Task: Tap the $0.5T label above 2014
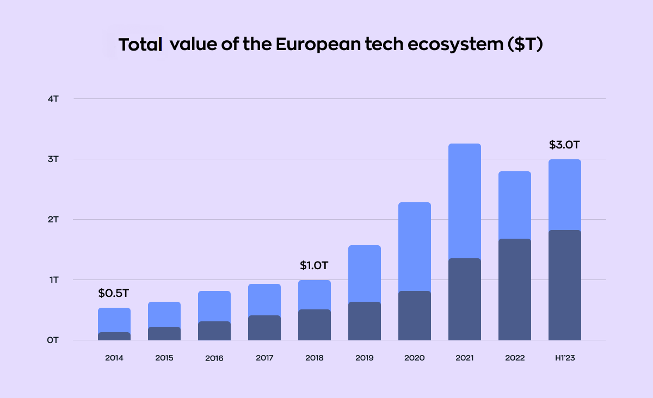[114, 294]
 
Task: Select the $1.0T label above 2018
[315, 266]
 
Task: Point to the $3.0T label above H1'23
[564, 145]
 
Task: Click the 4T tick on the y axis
[53, 99]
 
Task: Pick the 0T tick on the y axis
[53, 340]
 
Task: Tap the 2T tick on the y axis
[53, 220]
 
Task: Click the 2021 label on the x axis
[464, 358]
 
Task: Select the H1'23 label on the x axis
[564, 358]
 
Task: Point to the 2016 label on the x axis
[214, 358]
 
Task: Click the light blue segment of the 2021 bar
[465, 201]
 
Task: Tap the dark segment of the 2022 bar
[515, 289]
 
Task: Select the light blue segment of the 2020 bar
[415, 246]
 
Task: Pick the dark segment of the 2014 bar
[114, 337]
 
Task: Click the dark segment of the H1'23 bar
[565, 285]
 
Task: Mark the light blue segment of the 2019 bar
[365, 273]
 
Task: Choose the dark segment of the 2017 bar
[264, 328]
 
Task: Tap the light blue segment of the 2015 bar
[164, 314]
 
